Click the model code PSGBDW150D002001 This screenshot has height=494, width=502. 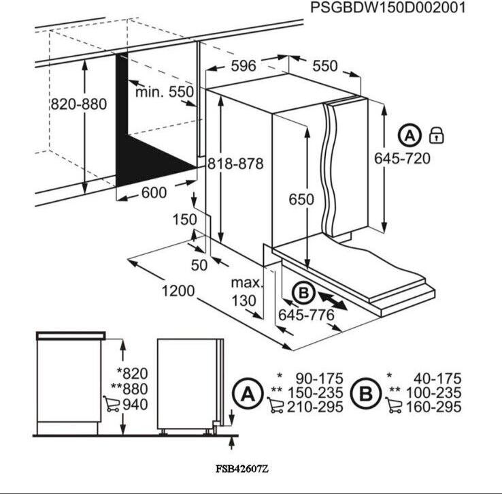388,8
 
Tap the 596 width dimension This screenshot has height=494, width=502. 243,65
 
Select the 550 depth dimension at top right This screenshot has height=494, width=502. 324,65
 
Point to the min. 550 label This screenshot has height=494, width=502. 164,92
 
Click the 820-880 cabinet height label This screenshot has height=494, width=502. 78,104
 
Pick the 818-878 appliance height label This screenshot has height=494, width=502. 235,164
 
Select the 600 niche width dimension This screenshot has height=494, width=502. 154,193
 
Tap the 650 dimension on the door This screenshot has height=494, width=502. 301,199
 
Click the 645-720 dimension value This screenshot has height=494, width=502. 402,158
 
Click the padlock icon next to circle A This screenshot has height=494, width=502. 436,136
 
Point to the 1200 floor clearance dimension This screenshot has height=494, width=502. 178,291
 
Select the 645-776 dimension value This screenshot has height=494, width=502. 306,315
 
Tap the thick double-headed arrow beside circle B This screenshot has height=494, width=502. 332,300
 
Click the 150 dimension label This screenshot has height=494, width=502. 184,220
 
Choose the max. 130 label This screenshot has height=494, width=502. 243,292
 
